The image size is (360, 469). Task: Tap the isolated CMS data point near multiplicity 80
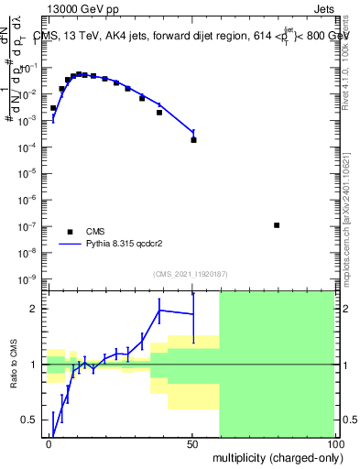tap(277, 225)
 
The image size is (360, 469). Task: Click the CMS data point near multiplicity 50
tap(193, 140)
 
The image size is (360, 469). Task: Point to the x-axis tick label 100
tap(333, 445)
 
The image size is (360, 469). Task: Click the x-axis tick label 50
tap(191, 445)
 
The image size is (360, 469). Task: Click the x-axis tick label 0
tap(49, 445)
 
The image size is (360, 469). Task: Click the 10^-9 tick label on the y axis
tap(29, 278)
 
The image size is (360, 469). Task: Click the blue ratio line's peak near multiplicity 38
tap(159, 310)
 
